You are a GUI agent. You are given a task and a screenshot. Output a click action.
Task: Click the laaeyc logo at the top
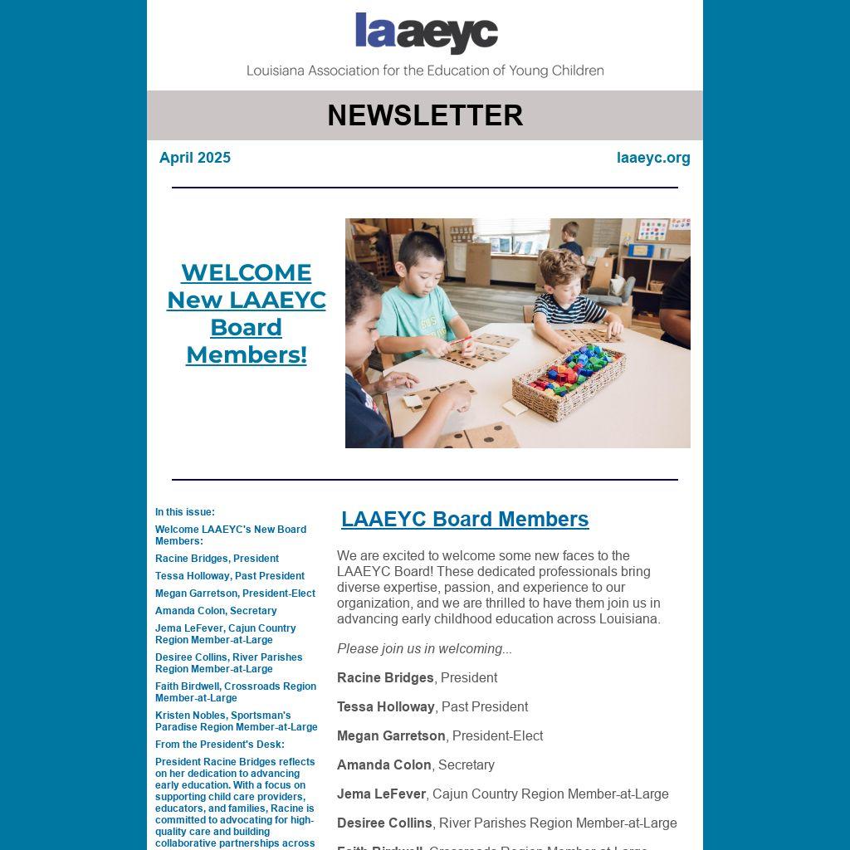(426, 33)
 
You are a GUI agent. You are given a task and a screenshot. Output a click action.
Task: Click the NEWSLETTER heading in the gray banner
(425, 115)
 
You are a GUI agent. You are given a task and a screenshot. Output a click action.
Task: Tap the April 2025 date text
(195, 158)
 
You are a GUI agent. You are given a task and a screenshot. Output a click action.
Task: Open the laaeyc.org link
(653, 158)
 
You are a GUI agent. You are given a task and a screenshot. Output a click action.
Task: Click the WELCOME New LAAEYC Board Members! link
(247, 314)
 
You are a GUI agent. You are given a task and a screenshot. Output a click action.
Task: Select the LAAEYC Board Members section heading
(465, 520)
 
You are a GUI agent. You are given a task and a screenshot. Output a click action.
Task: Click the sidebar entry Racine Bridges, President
(217, 559)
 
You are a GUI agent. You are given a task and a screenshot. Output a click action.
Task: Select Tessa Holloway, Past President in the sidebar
(230, 576)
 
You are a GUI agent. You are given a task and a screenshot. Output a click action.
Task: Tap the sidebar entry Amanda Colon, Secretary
(216, 611)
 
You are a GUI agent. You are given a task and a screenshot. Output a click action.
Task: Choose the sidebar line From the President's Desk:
(220, 745)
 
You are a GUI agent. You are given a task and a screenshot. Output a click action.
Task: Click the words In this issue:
(185, 512)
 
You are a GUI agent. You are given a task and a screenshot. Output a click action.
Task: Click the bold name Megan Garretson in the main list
(391, 736)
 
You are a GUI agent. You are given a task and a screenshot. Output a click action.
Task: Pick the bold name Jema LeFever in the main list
(381, 794)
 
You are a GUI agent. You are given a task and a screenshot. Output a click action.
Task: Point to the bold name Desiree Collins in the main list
(384, 823)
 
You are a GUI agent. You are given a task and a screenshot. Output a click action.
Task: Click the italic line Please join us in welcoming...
(424, 649)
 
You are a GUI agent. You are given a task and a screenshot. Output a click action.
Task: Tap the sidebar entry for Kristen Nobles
(236, 721)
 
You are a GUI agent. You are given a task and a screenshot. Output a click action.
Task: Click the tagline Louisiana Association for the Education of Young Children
(425, 71)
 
